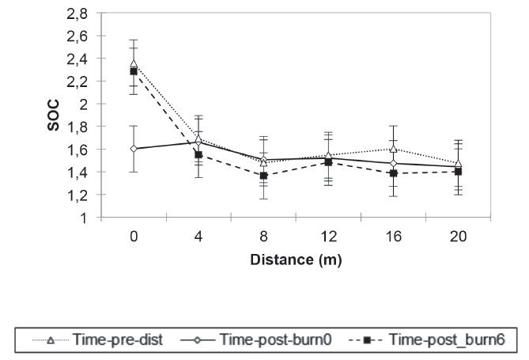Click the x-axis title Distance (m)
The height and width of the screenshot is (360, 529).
(295, 259)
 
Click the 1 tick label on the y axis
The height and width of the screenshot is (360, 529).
(81, 218)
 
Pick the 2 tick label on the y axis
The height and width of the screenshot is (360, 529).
(81, 104)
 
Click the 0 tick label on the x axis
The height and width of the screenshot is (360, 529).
(134, 236)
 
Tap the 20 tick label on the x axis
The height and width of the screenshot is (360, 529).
(458, 236)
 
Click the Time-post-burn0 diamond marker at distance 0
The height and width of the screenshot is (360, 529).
(134, 149)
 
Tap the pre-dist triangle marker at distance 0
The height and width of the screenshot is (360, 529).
(134, 64)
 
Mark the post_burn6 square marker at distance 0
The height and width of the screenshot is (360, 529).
(134, 71)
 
